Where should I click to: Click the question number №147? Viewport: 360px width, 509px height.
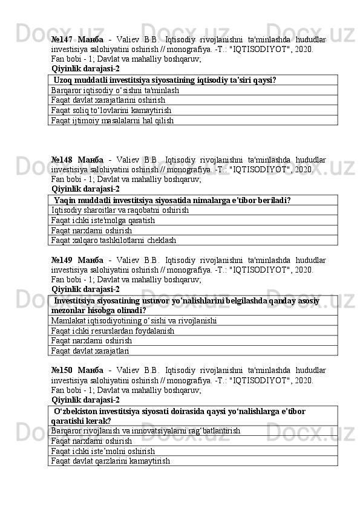click(62, 39)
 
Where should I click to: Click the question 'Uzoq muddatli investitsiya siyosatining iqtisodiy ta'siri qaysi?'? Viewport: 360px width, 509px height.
click(165, 80)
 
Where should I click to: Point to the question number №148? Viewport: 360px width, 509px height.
click(62, 160)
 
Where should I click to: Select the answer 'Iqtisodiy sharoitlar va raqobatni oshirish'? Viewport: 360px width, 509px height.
click(120, 210)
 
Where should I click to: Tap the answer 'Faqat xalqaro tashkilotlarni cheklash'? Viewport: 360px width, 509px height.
click(114, 240)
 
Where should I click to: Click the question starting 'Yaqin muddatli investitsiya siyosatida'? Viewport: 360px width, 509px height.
click(172, 200)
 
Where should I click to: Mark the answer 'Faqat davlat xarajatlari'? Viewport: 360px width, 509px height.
click(90, 350)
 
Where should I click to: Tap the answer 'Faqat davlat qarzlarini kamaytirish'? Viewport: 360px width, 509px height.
click(111, 461)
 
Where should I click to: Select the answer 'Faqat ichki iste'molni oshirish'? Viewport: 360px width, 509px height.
click(103, 450)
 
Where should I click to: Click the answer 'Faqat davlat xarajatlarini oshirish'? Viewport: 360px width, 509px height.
click(109, 100)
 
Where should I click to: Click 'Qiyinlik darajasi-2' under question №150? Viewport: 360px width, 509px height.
click(85, 400)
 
